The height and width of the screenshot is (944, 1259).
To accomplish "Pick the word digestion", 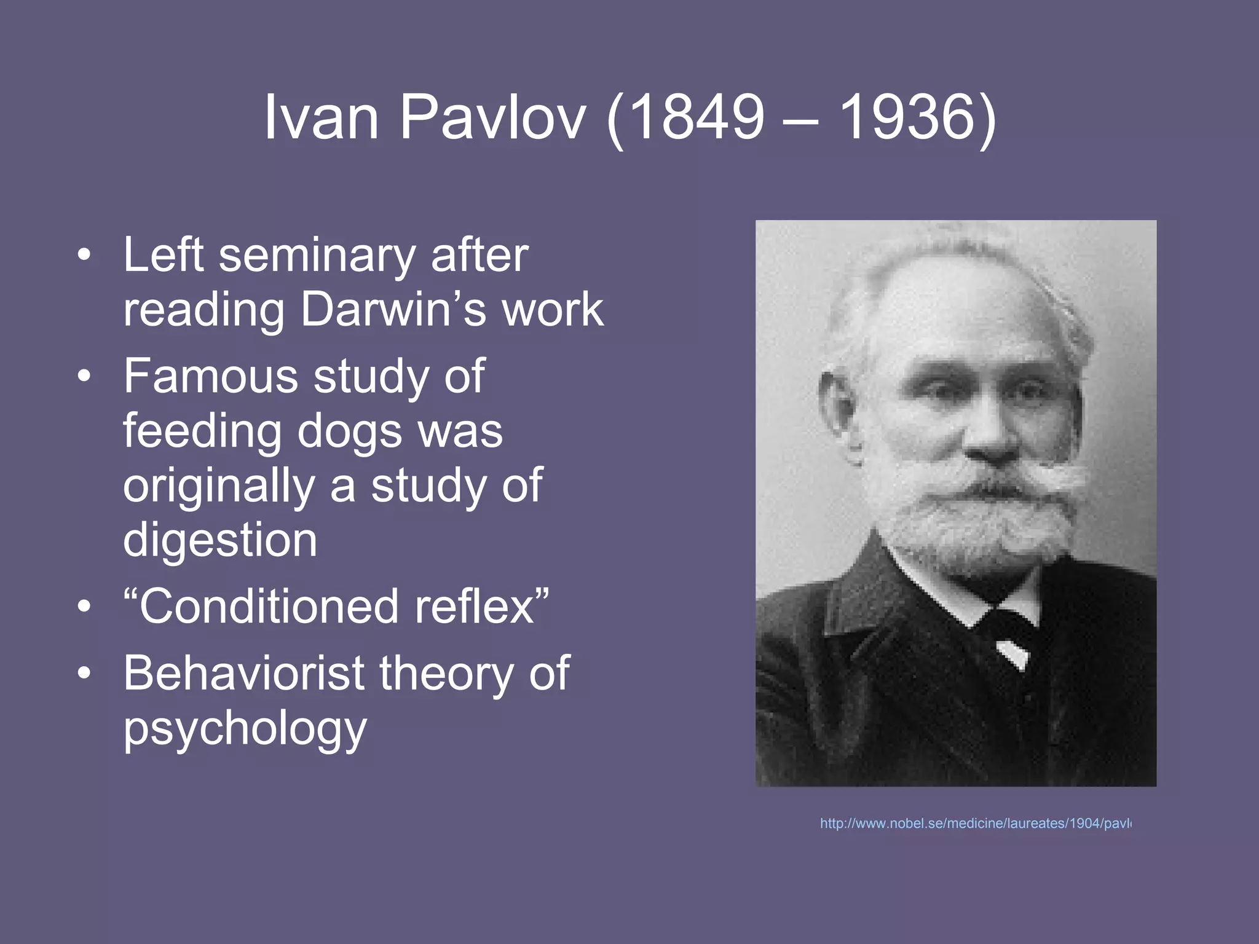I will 220,540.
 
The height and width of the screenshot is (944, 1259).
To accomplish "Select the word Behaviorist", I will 243,674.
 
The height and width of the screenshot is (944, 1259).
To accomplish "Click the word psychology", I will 245,729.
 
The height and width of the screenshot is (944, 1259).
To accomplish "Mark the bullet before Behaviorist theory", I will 84,674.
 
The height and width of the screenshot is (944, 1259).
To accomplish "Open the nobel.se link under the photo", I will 975,824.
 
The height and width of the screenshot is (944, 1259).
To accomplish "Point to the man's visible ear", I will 837,408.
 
